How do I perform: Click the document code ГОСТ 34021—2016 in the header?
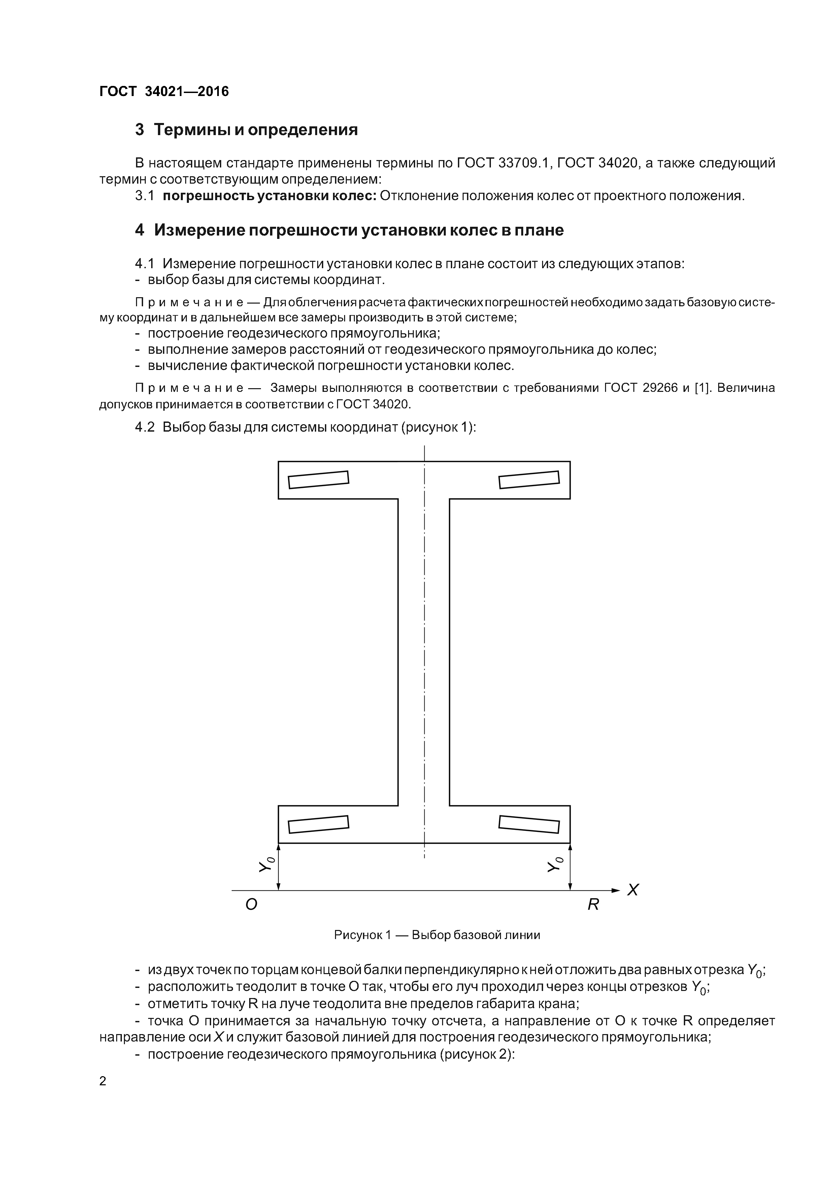click(164, 92)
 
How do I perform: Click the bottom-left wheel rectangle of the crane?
click(319, 824)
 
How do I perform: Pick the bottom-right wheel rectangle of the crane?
click(529, 824)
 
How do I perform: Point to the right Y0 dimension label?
click(556, 866)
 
